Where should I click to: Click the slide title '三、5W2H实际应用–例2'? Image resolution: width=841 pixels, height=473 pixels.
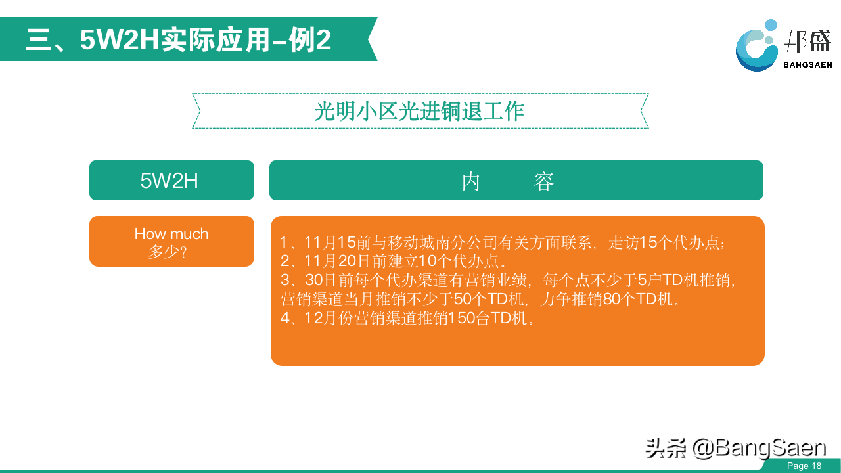tap(179, 40)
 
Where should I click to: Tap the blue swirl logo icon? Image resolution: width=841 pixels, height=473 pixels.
tap(756, 45)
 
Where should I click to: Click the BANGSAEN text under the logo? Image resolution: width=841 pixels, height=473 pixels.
tap(807, 65)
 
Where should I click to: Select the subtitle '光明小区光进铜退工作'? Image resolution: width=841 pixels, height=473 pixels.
tap(419, 111)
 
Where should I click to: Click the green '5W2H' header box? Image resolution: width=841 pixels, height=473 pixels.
tap(171, 180)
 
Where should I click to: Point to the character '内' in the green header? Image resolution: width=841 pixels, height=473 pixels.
tap(471, 181)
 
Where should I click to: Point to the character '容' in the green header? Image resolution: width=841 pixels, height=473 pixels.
tap(543, 181)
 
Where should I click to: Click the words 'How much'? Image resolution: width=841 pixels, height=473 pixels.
tap(171, 234)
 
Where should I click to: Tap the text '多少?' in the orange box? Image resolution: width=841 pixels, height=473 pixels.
tap(168, 252)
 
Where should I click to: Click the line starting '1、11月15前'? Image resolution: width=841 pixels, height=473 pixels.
tap(503, 242)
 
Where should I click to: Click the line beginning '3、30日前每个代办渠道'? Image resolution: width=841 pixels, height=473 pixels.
tap(508, 280)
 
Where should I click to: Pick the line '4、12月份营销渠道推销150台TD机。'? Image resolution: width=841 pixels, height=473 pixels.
tap(407, 319)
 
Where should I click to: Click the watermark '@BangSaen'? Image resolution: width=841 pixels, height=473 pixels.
tap(759, 448)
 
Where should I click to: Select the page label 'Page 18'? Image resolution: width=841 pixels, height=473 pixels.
tap(804, 466)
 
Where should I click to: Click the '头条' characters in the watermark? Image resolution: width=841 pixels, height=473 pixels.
tap(666, 448)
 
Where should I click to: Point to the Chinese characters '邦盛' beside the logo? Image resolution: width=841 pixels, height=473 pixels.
tap(807, 41)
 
